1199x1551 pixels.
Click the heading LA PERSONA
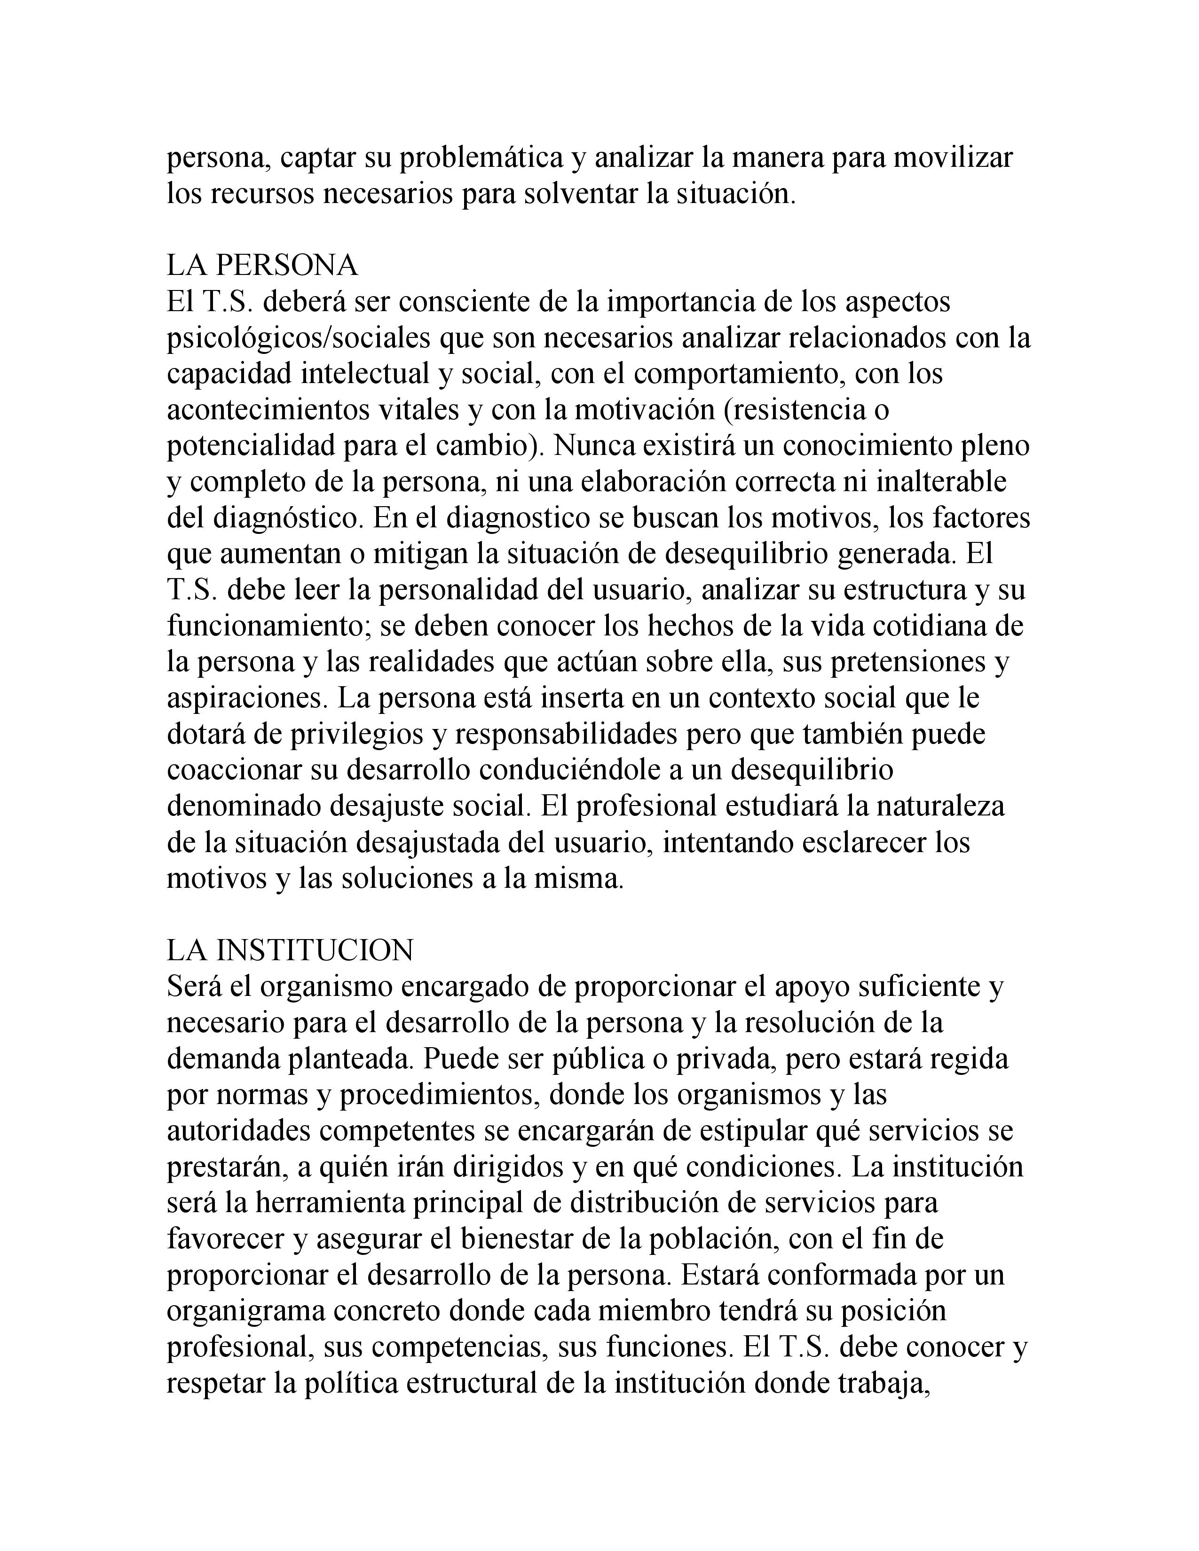(x=262, y=266)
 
